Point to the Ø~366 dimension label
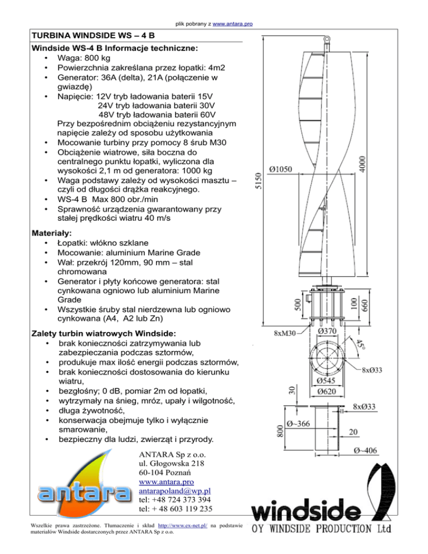(x=301, y=423)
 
